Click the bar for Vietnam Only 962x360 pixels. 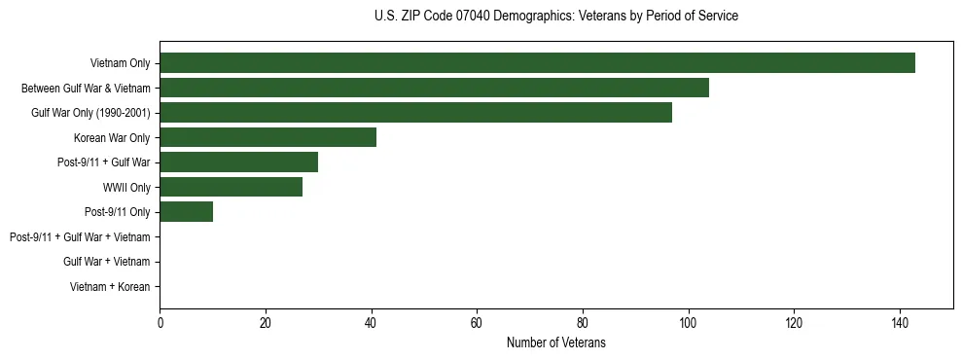(537, 63)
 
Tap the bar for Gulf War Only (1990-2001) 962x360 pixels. (415, 113)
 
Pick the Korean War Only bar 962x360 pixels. (267, 137)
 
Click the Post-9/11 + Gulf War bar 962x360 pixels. (238, 162)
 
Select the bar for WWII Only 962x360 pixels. (231, 187)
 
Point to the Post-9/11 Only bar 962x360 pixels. (186, 212)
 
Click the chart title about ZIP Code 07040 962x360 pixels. (555, 17)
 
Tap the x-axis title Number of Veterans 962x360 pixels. (555, 342)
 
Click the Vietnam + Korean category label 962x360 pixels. (110, 287)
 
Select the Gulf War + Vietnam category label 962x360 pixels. (106, 262)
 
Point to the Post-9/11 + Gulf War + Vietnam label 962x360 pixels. (80, 237)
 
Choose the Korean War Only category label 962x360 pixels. (112, 138)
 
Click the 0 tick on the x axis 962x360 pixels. (160, 323)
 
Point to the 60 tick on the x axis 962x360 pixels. (477, 323)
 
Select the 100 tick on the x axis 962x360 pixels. (688, 323)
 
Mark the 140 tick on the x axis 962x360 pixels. (899, 323)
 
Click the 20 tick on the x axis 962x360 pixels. (266, 323)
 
